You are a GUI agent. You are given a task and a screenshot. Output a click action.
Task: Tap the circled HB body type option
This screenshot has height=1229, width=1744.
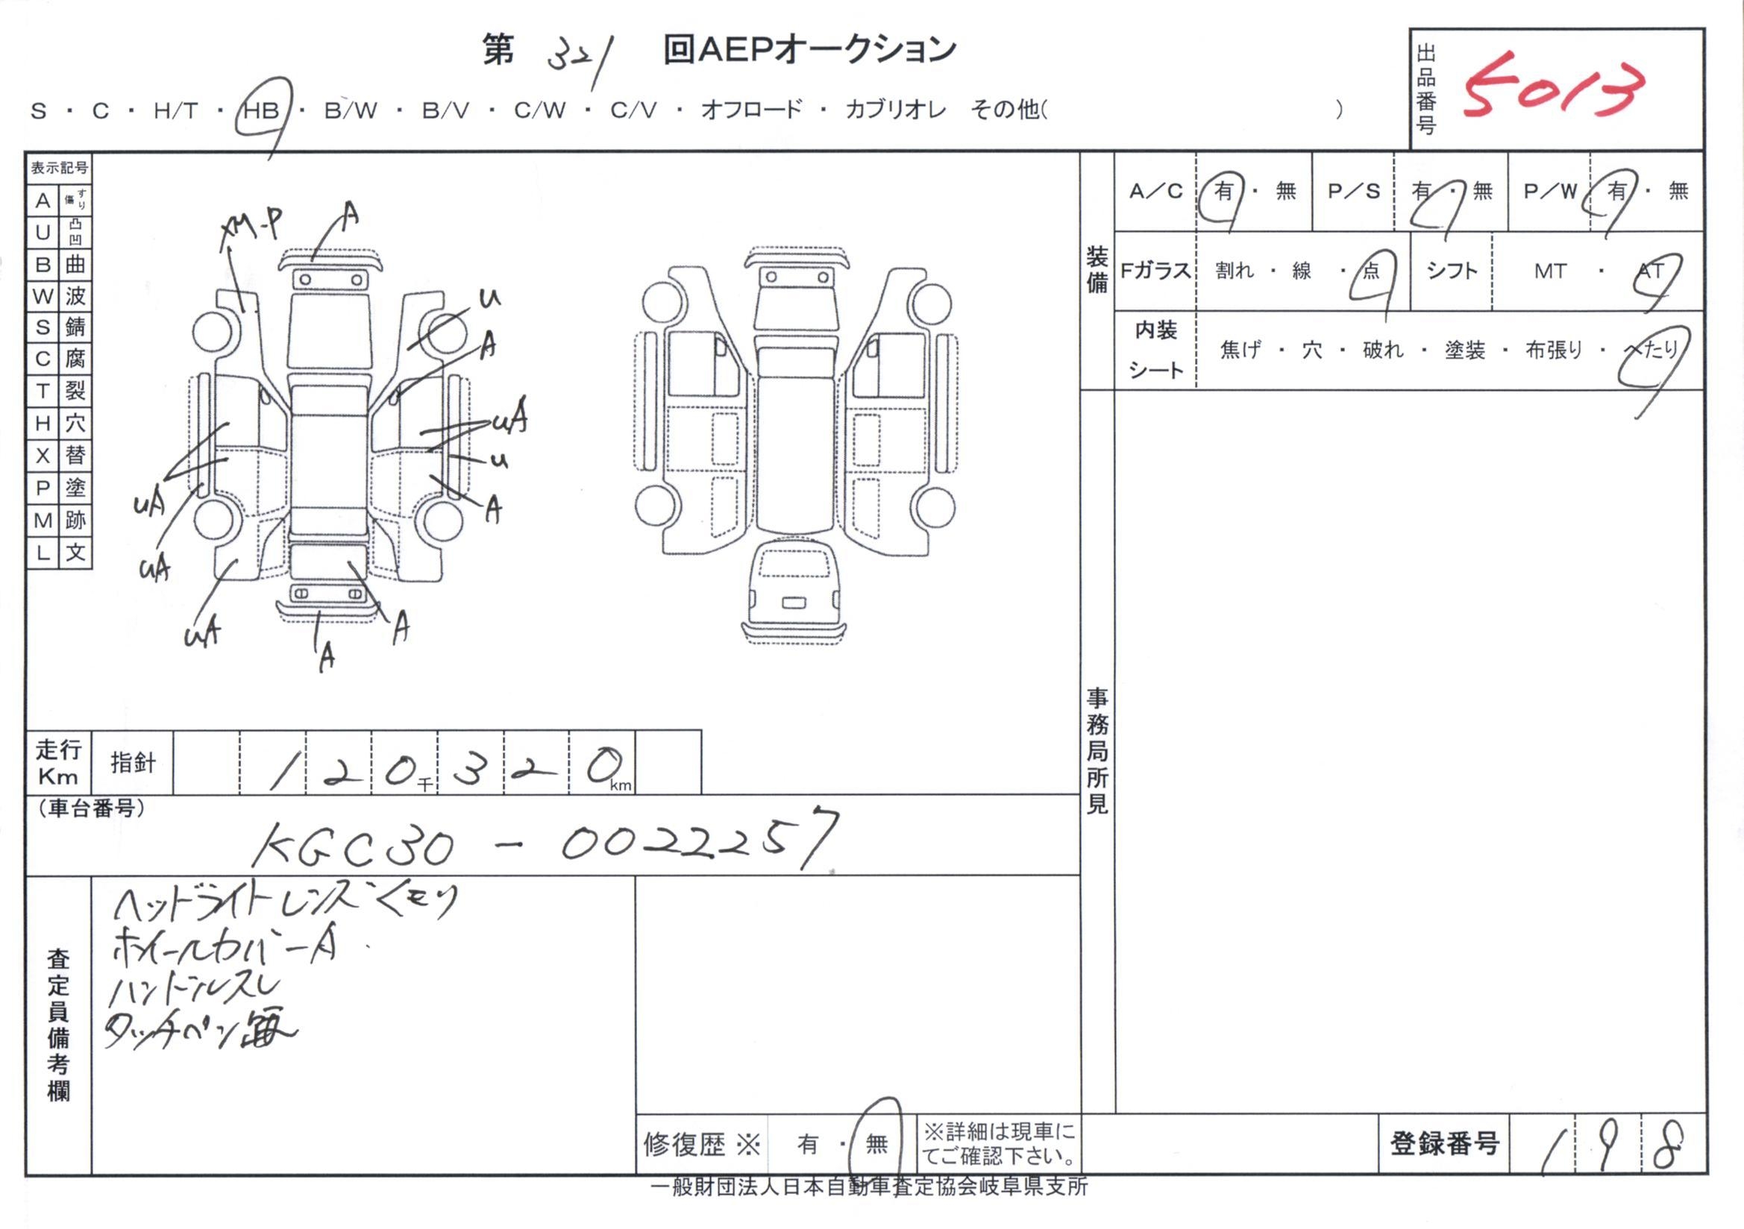[260, 111]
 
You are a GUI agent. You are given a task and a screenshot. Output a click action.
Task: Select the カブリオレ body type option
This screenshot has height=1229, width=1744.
[896, 110]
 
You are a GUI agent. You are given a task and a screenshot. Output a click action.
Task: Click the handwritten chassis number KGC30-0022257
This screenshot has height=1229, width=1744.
[544, 843]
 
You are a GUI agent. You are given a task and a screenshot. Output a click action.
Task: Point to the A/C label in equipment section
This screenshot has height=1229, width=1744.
[1155, 192]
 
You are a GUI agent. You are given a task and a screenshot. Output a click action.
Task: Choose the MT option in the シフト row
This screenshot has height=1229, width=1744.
[1549, 271]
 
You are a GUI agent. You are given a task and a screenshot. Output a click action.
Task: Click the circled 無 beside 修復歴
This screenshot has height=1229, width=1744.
[876, 1143]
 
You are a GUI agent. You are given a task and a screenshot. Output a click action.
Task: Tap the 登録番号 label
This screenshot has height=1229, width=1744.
[1444, 1143]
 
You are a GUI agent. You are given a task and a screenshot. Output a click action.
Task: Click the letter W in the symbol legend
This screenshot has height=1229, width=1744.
[43, 296]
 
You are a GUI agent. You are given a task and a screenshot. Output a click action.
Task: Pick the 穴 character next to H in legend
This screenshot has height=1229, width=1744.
[75, 423]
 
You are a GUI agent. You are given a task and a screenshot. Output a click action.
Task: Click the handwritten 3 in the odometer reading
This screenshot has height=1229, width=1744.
[468, 772]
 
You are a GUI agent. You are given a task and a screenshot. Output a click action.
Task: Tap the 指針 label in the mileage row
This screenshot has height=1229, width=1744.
[133, 763]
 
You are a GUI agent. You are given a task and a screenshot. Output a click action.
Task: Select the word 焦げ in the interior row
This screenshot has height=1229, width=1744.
[1240, 351]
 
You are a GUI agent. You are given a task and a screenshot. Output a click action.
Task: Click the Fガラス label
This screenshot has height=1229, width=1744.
[1155, 271]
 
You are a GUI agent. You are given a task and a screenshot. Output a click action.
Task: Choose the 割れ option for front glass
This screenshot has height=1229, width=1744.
[1235, 271]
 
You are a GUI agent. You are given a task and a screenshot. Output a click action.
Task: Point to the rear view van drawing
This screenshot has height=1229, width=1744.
[793, 588]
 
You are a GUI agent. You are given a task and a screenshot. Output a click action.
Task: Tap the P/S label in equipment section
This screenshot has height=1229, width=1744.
[1354, 192]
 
